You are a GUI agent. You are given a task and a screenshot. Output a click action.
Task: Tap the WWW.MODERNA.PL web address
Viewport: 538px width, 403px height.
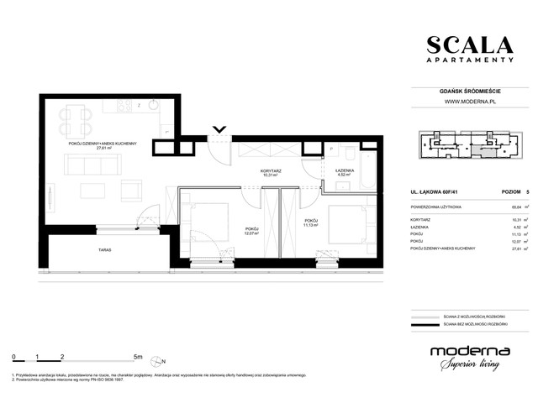coord(469,102)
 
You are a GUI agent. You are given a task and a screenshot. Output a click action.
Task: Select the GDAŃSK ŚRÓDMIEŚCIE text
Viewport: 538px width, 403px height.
coord(469,91)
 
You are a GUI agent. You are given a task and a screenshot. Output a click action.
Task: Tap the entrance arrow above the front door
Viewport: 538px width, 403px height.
coord(219,129)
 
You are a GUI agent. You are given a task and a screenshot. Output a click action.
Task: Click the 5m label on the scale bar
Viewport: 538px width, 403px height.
coord(138,357)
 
